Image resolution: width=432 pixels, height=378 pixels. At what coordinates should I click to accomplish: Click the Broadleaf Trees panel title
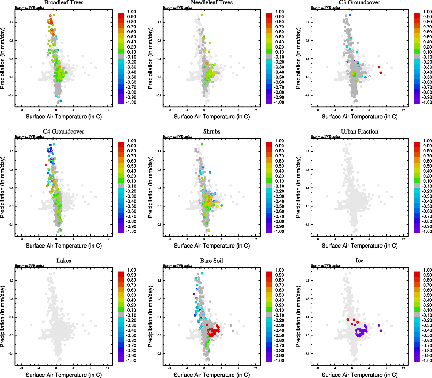click(64, 3)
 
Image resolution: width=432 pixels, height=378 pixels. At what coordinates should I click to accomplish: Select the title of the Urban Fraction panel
click(359, 132)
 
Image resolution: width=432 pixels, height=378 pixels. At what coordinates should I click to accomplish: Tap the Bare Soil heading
click(211, 261)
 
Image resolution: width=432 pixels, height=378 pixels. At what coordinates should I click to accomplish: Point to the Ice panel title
click(359, 261)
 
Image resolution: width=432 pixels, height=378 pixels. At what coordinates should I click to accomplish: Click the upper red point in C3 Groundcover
click(379, 67)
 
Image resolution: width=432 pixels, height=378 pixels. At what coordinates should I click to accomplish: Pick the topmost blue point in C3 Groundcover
click(350, 15)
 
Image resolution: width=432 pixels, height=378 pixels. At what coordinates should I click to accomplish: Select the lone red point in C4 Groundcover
click(46, 165)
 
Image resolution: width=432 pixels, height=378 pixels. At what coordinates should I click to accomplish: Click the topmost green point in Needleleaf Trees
click(202, 15)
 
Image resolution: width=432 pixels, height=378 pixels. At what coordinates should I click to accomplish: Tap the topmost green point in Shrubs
click(202, 144)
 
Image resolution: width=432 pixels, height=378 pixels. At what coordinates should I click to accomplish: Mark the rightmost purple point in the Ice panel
click(381, 331)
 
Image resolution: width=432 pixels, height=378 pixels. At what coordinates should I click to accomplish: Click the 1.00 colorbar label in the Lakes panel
click(132, 270)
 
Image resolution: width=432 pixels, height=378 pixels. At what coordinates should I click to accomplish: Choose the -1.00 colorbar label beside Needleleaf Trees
click(279, 102)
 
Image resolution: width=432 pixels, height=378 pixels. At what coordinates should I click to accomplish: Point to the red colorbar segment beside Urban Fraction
click(417, 145)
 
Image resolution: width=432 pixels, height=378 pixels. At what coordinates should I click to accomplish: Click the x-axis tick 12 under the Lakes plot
click(108, 368)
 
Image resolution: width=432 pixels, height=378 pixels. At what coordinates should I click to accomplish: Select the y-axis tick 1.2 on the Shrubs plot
click(160, 152)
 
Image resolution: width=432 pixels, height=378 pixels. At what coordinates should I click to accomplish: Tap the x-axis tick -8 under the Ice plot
click(317, 368)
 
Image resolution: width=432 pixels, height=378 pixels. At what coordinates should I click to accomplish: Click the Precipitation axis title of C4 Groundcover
click(3, 187)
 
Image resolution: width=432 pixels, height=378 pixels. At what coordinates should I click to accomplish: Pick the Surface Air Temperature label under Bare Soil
click(211, 375)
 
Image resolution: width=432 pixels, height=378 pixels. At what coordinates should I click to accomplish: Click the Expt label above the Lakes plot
click(30, 266)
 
